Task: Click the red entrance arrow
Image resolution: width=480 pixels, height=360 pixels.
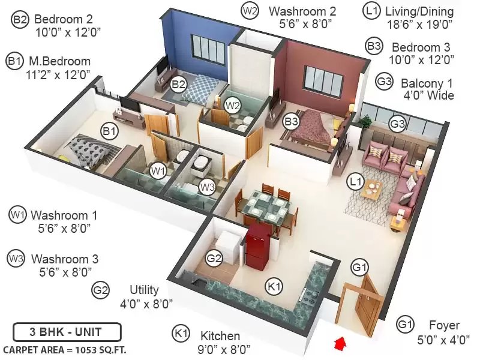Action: tap(340, 343)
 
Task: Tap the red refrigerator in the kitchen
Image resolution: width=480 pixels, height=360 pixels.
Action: tap(258, 247)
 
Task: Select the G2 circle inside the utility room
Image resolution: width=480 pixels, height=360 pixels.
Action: tap(214, 259)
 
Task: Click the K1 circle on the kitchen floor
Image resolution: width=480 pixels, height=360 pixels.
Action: tap(274, 286)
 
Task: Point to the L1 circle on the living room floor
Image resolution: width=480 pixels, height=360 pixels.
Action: tap(355, 182)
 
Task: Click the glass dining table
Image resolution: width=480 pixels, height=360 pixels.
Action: tap(264, 206)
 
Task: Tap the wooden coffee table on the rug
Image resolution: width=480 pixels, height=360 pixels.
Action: tap(371, 190)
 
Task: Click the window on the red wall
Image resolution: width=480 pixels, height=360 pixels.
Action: tap(323, 79)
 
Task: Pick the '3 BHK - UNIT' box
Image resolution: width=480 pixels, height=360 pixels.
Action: tap(67, 332)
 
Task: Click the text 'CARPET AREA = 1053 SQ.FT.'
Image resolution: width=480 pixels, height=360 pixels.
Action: tap(65, 350)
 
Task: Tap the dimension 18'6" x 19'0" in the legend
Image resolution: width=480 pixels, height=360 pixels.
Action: tap(419, 24)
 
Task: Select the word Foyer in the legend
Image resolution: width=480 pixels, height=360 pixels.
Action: tap(444, 325)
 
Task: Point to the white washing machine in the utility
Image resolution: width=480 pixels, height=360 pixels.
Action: tap(227, 247)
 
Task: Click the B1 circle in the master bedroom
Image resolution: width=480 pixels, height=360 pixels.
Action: tap(109, 131)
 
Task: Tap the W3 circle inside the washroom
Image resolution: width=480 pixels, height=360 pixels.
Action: tap(207, 187)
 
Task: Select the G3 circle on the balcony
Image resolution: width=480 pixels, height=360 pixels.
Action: tap(397, 124)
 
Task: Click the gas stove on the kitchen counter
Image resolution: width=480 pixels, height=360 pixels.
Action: tap(309, 296)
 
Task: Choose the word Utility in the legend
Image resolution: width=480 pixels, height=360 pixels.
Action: tap(144, 290)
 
